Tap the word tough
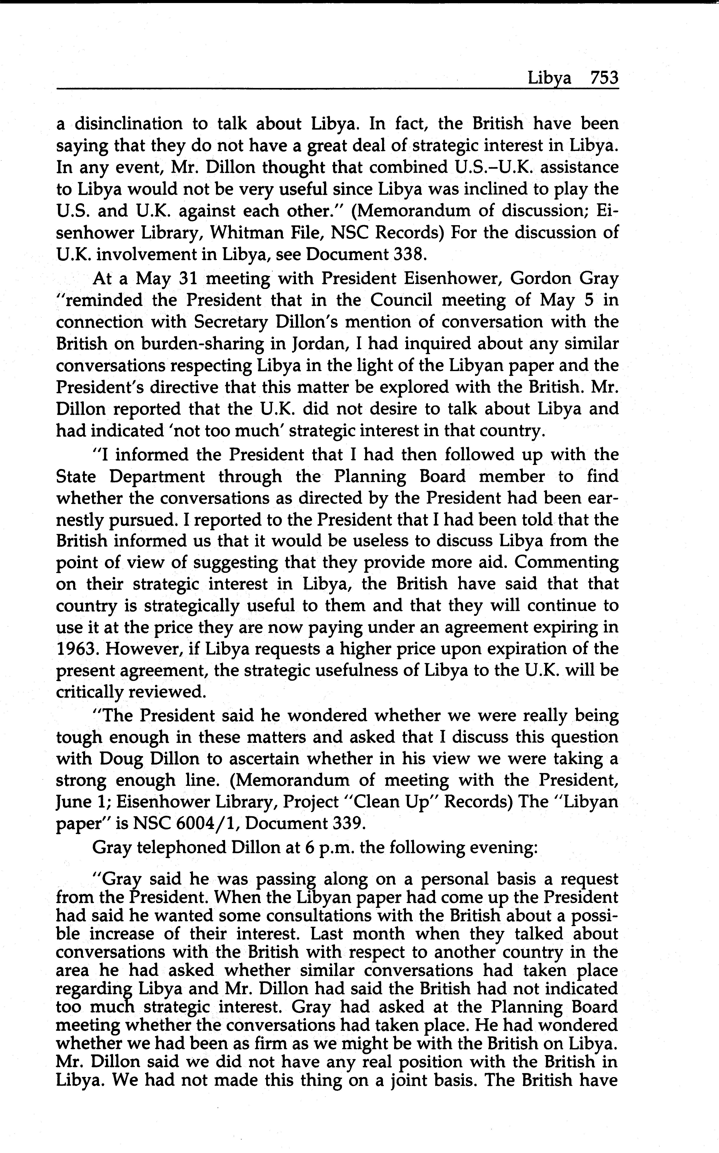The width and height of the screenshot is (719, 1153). (x=78, y=737)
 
